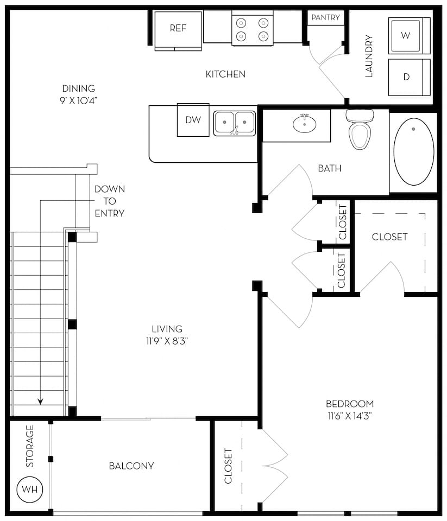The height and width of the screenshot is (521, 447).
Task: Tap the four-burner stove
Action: pyautogui.click(x=252, y=29)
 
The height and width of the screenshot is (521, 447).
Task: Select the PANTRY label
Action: pyautogui.click(x=326, y=17)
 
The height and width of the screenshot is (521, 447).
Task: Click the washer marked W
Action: pyautogui.click(x=408, y=35)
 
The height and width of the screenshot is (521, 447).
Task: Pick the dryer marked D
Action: pyautogui.click(x=408, y=77)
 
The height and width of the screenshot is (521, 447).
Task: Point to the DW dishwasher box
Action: pyautogui.click(x=193, y=120)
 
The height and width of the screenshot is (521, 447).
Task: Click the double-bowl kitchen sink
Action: pyautogui.click(x=234, y=123)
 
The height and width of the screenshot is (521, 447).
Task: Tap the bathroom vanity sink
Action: pyautogui.click(x=304, y=124)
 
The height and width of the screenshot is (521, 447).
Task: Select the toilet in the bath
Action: pyautogui.click(x=360, y=130)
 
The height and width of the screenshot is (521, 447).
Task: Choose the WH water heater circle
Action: pyautogui.click(x=30, y=489)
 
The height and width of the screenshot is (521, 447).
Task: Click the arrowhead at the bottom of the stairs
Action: pyautogui.click(x=41, y=402)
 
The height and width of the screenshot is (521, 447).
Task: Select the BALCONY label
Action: pyautogui.click(x=131, y=466)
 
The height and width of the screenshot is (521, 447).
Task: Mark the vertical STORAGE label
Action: pyautogui.click(x=30, y=446)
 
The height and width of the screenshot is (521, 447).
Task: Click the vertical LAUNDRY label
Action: pyautogui.click(x=369, y=56)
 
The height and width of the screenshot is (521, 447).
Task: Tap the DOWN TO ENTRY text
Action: pyautogui.click(x=109, y=201)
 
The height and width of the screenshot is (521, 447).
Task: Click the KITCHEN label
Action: pyautogui.click(x=225, y=74)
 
